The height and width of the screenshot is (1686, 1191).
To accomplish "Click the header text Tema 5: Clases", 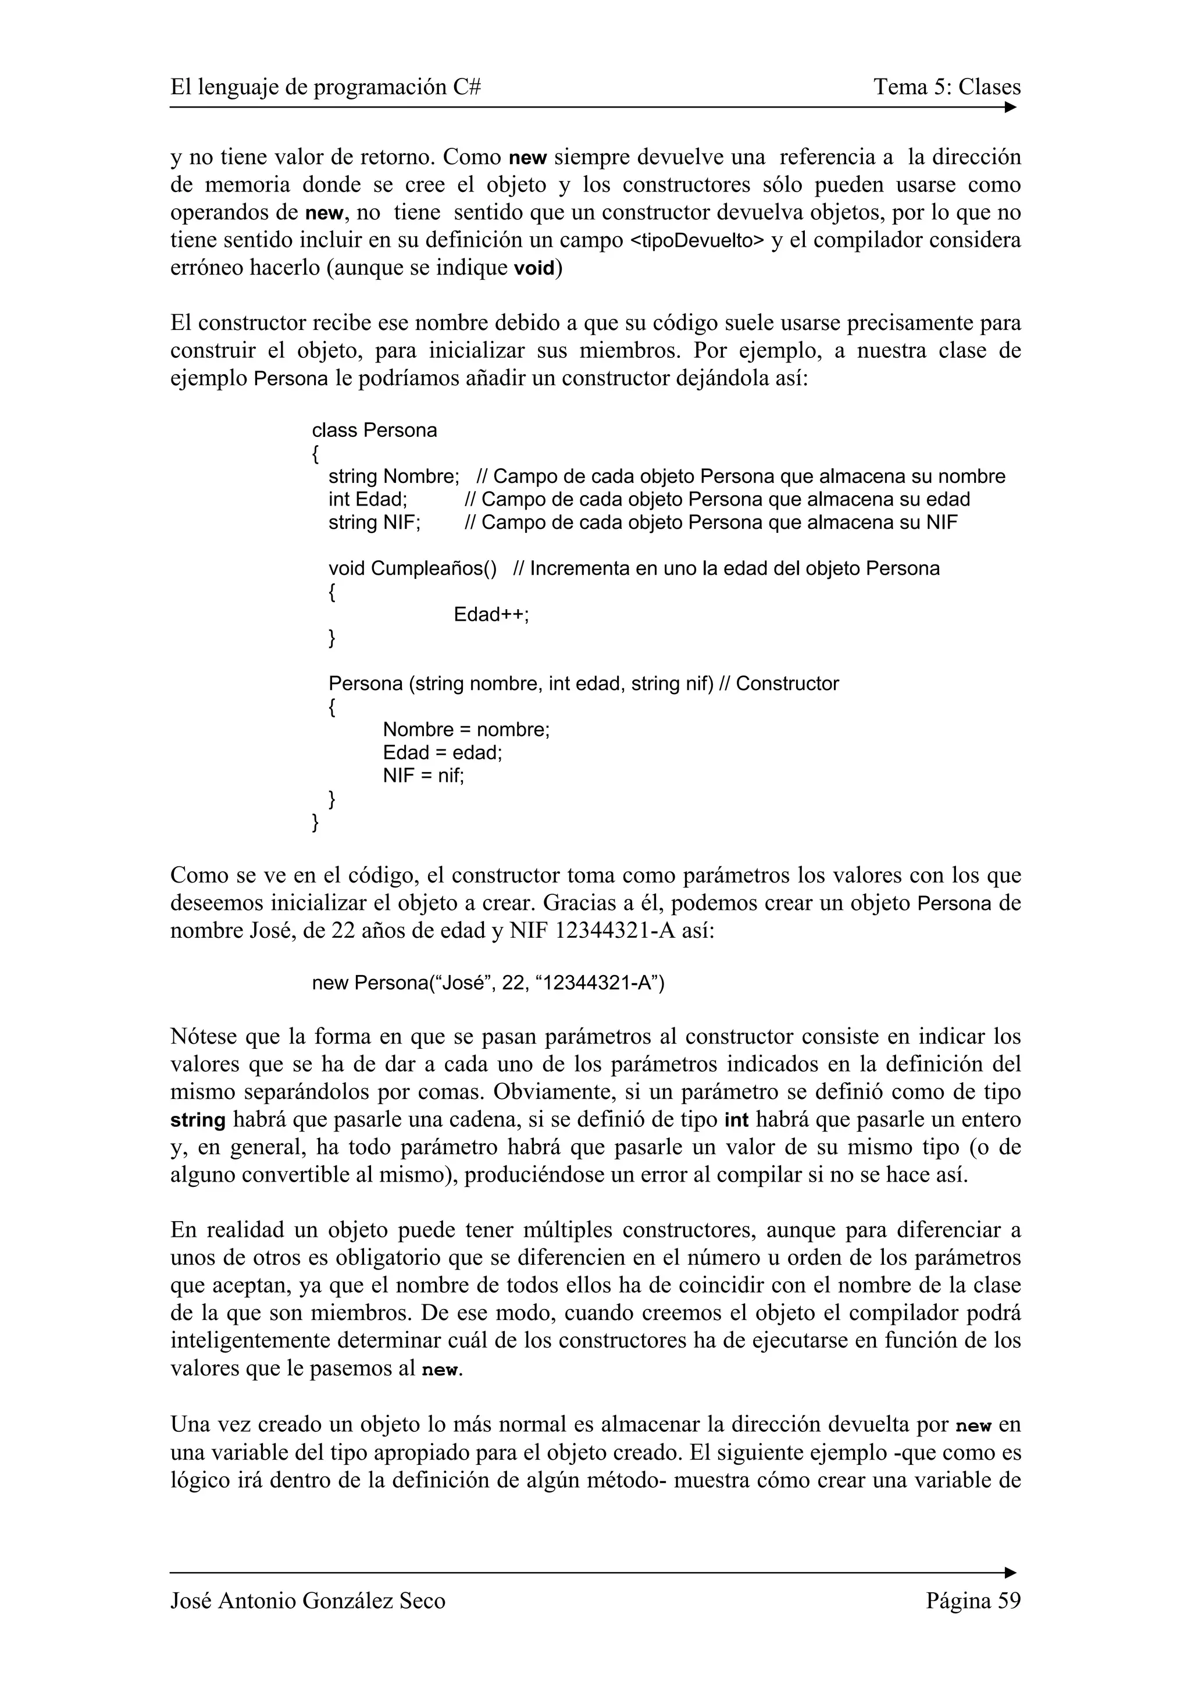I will (x=947, y=87).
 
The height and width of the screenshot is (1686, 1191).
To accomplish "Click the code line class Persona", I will (x=375, y=431).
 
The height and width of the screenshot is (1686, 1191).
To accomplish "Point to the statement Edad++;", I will (x=491, y=614).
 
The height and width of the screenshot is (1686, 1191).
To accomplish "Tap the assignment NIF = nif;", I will (x=423, y=775).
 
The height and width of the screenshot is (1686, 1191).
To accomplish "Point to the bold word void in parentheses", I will (x=534, y=269).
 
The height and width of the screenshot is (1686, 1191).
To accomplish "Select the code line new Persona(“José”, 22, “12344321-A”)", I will (x=488, y=983).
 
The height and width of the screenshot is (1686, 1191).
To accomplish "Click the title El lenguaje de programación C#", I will (x=326, y=87).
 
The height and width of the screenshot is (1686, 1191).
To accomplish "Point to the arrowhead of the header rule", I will (x=1011, y=108).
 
